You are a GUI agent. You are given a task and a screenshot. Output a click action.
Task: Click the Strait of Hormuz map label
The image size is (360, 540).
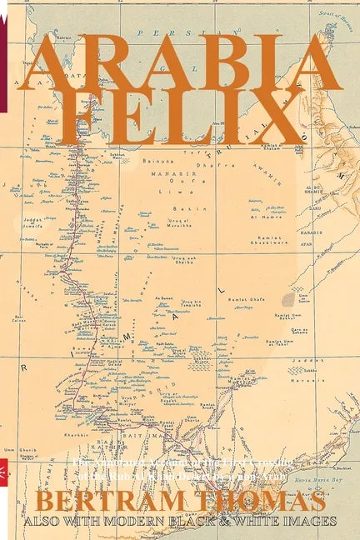[x=337, y=10]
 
